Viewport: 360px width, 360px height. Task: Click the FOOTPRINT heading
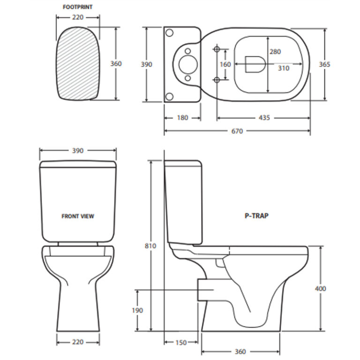coord(78,7)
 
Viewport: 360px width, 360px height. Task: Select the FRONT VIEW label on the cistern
coord(78,216)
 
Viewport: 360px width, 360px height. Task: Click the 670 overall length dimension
coord(237,131)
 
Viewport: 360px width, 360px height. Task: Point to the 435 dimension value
coord(264,118)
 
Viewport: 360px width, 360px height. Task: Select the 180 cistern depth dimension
coord(182,118)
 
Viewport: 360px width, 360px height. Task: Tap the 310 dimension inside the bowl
coord(283,68)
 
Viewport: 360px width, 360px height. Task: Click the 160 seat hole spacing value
coord(225,64)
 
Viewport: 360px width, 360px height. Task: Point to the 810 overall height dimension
coord(151,246)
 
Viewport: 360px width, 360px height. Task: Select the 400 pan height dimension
coord(320,289)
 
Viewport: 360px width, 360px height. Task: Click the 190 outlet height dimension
coord(138,310)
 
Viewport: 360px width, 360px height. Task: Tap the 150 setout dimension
coord(181,343)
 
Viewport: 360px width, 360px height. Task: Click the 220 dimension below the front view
coord(78,343)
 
